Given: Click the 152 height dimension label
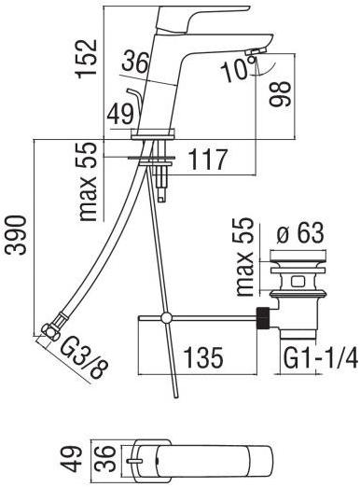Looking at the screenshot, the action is click(87, 59).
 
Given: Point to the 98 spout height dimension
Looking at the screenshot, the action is click(280, 94).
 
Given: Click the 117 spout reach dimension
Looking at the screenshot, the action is click(208, 160).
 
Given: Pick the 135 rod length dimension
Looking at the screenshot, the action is click(203, 357).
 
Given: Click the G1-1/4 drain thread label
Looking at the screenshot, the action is click(321, 358).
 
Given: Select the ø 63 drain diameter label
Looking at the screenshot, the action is click(300, 233).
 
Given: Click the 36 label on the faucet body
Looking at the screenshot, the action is click(134, 62).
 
